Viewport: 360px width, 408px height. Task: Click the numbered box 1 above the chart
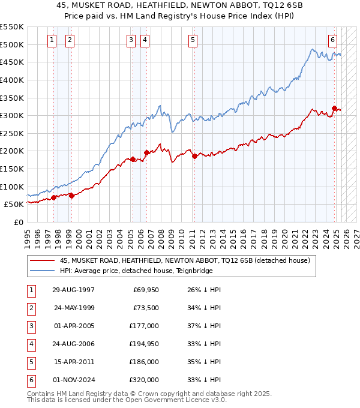[x=53, y=40]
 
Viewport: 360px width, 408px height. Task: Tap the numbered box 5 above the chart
[x=193, y=40]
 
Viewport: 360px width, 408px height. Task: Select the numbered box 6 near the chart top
[x=332, y=40]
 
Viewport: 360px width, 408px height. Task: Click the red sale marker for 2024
[x=334, y=109]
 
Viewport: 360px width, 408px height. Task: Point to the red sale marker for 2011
[x=194, y=156]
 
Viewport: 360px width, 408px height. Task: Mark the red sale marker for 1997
[x=53, y=197]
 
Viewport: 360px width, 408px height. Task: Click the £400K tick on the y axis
[x=12, y=80]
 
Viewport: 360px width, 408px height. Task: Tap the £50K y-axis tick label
[x=14, y=205]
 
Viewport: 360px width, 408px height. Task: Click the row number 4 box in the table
[x=31, y=344]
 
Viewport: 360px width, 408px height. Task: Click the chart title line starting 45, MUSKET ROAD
[x=180, y=7]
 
